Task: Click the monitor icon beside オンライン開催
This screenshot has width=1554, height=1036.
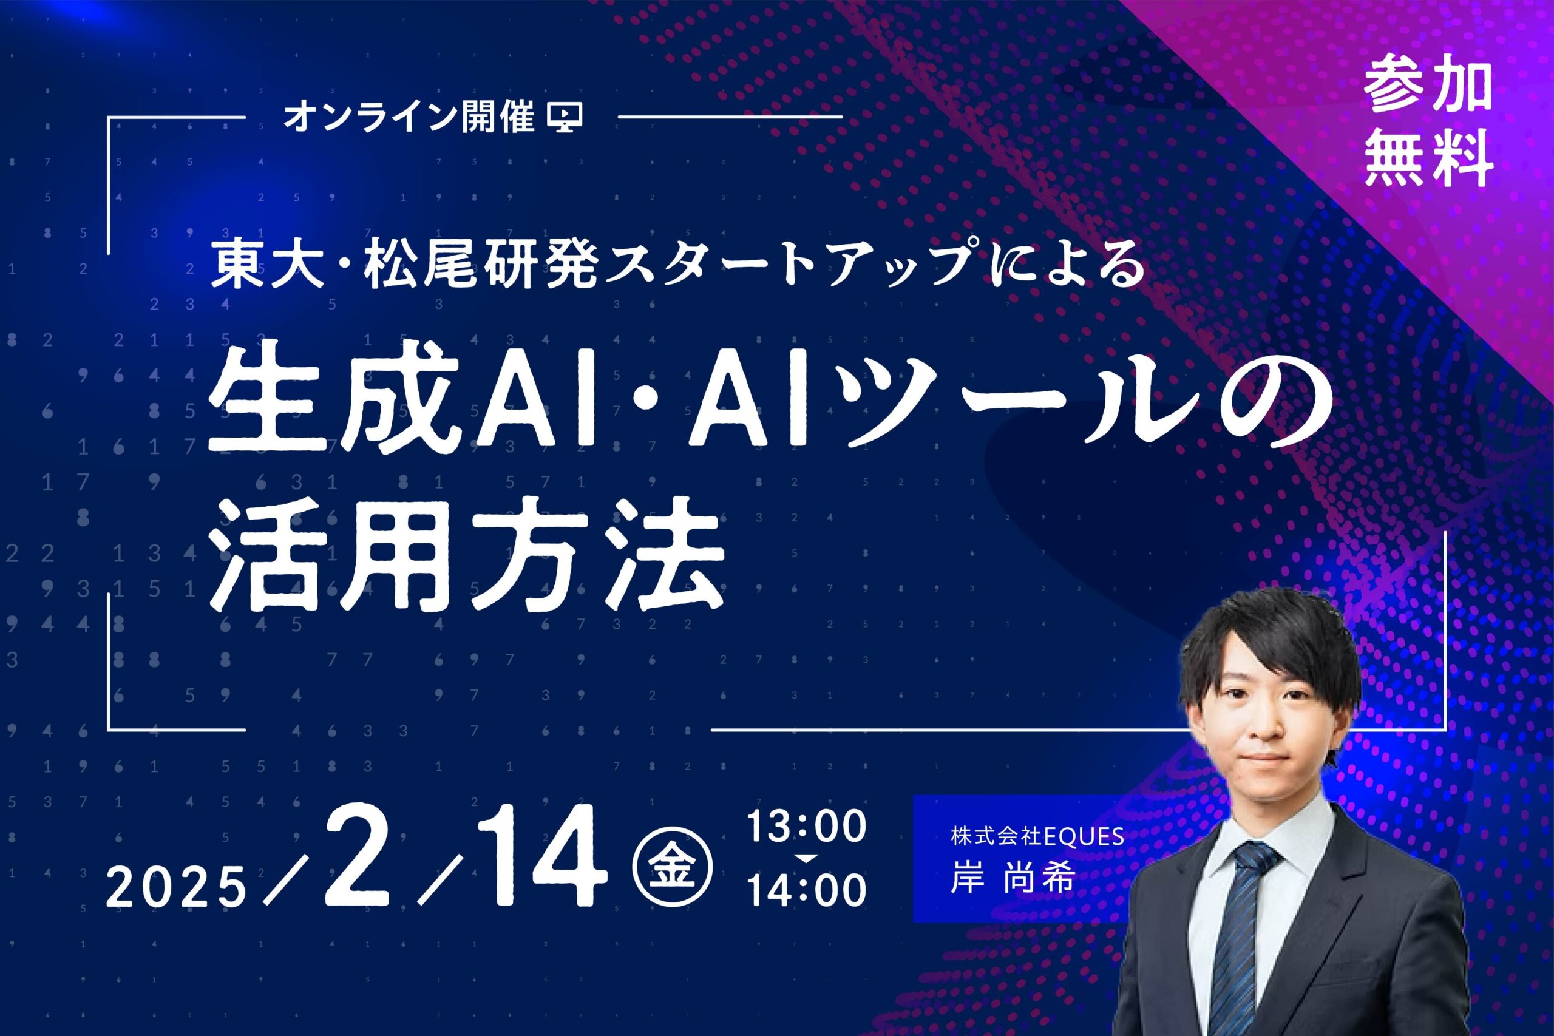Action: click(566, 117)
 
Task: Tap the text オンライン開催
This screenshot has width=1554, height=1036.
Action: click(409, 117)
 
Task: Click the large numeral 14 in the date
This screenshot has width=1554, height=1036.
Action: click(543, 857)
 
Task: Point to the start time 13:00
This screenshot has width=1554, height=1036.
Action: click(806, 825)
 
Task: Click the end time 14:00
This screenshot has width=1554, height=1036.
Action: click(806, 890)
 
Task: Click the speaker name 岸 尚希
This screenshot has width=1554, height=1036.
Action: click(1012, 879)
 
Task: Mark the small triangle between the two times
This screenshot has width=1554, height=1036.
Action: click(807, 858)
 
